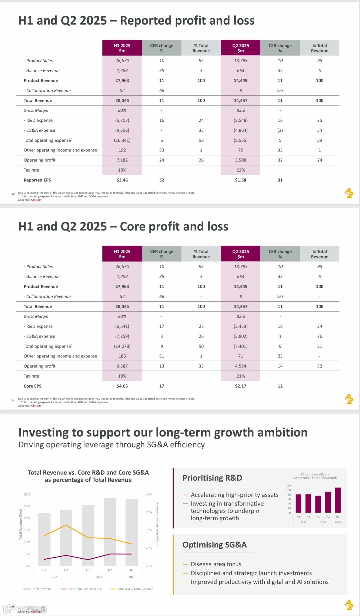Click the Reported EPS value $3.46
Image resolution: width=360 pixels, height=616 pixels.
[x=122, y=180]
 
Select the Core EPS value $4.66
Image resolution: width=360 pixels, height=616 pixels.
[x=122, y=386]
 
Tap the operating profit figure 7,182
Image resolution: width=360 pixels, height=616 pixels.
[x=122, y=160]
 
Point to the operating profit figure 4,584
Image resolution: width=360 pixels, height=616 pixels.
[x=240, y=366]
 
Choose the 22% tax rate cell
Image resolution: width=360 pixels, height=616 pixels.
[x=240, y=170]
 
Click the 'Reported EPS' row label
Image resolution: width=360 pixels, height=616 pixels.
[x=37, y=180]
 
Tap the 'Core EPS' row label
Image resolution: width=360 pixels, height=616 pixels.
[x=33, y=386]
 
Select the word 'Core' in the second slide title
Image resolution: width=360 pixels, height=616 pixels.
[x=132, y=226]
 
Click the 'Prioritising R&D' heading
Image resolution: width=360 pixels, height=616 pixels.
[x=212, y=478]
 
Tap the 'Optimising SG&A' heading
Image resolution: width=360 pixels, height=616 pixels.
[x=214, y=545]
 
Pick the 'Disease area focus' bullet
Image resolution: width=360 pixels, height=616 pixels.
[x=216, y=564]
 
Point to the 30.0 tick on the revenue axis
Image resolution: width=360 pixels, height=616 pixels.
[x=27, y=494]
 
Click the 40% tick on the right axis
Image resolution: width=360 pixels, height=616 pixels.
[x=149, y=494]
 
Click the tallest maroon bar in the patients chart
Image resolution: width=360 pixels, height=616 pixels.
[x=338, y=500]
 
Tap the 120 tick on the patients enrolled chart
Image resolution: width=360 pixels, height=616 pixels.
[x=288, y=486]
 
